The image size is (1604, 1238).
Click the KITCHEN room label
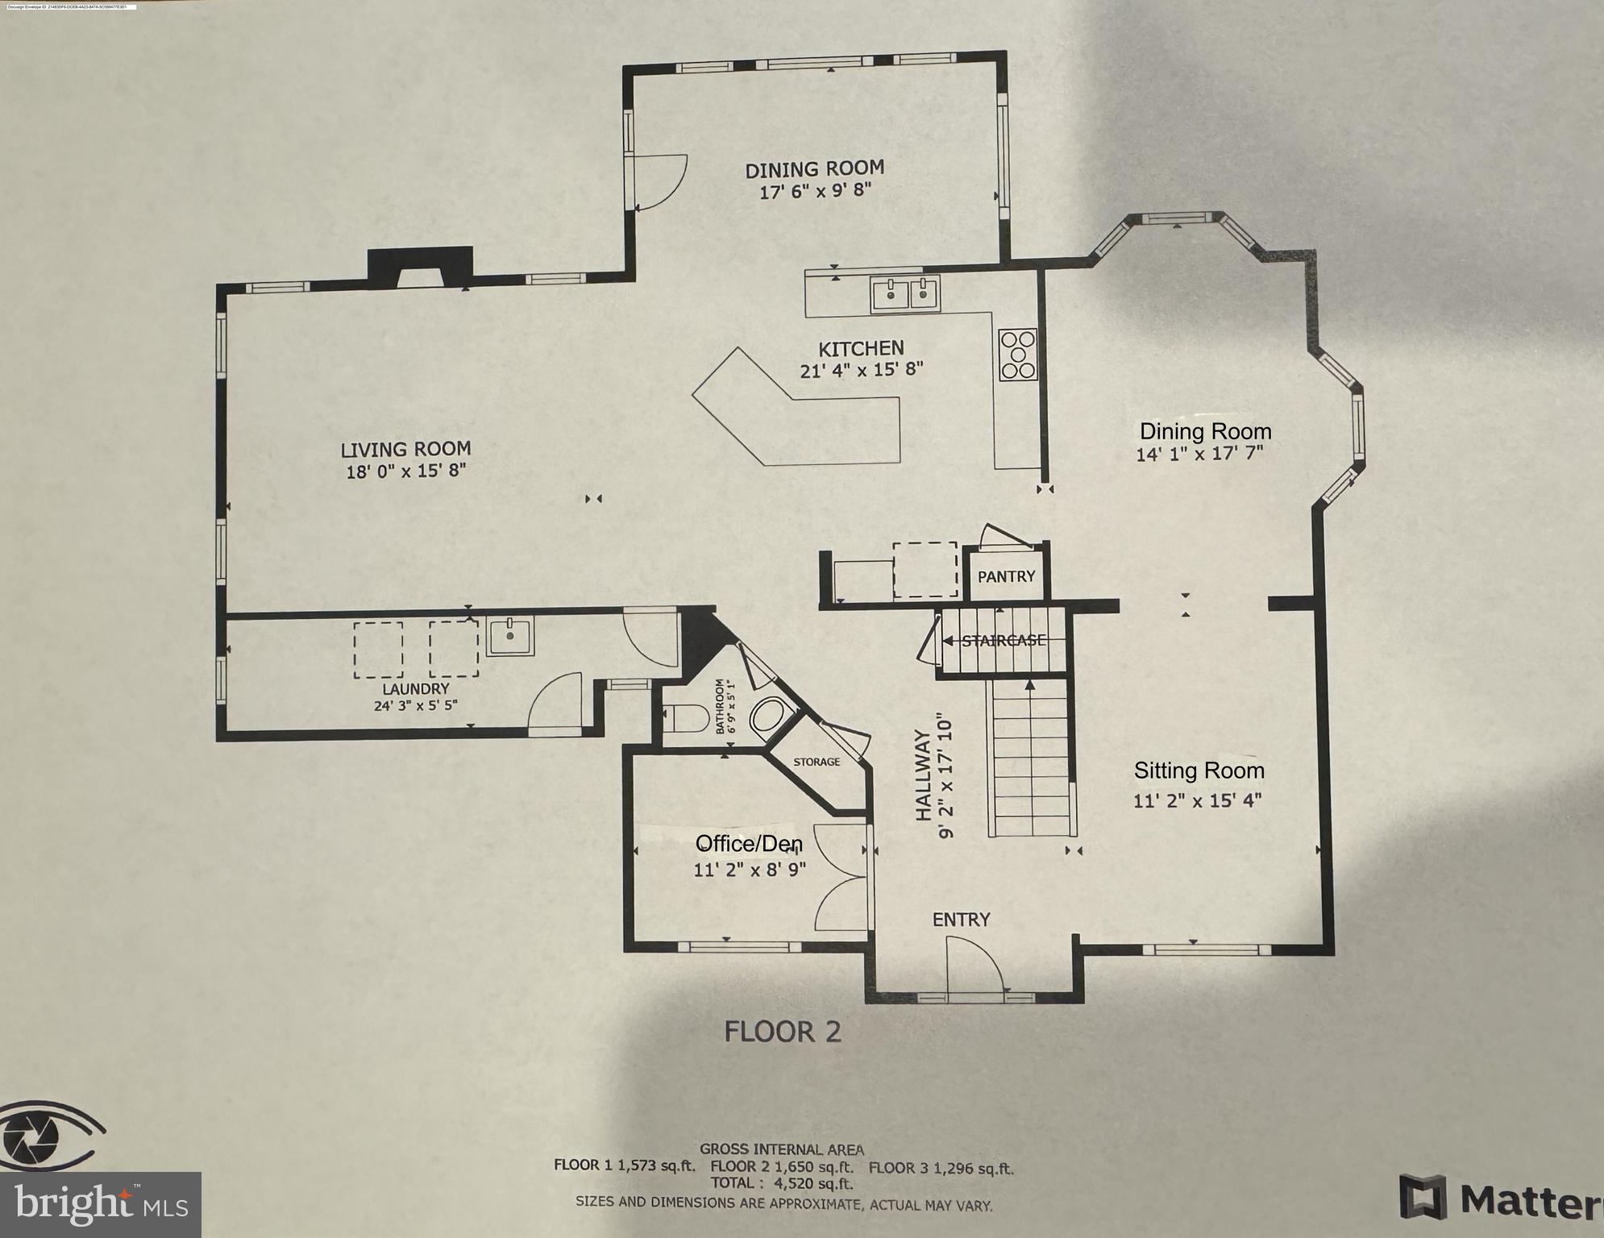click(x=861, y=349)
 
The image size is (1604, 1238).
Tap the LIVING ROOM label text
click(x=405, y=450)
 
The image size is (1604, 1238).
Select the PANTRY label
click(x=1006, y=577)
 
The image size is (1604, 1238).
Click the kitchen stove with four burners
click(x=1017, y=355)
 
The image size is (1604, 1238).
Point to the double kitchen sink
click(x=905, y=294)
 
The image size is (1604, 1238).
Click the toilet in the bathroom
click(x=685, y=717)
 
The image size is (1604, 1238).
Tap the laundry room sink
click(x=510, y=637)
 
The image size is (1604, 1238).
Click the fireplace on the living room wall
click(x=419, y=267)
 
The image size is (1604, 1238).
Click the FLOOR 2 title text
click(x=782, y=1032)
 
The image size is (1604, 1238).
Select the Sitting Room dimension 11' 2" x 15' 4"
click(x=1197, y=801)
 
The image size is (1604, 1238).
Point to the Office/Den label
click(x=749, y=844)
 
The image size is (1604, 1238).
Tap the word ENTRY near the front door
click(x=961, y=920)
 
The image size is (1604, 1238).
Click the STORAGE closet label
click(x=816, y=762)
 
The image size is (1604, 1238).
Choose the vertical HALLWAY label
click(x=924, y=775)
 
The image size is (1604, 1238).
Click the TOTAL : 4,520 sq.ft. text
click(x=781, y=1183)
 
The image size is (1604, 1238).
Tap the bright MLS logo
click(x=100, y=1205)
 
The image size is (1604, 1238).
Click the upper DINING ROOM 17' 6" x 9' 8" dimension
click(x=815, y=192)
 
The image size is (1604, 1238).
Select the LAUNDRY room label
click(x=415, y=689)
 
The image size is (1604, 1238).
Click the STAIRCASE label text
click(x=1004, y=641)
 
